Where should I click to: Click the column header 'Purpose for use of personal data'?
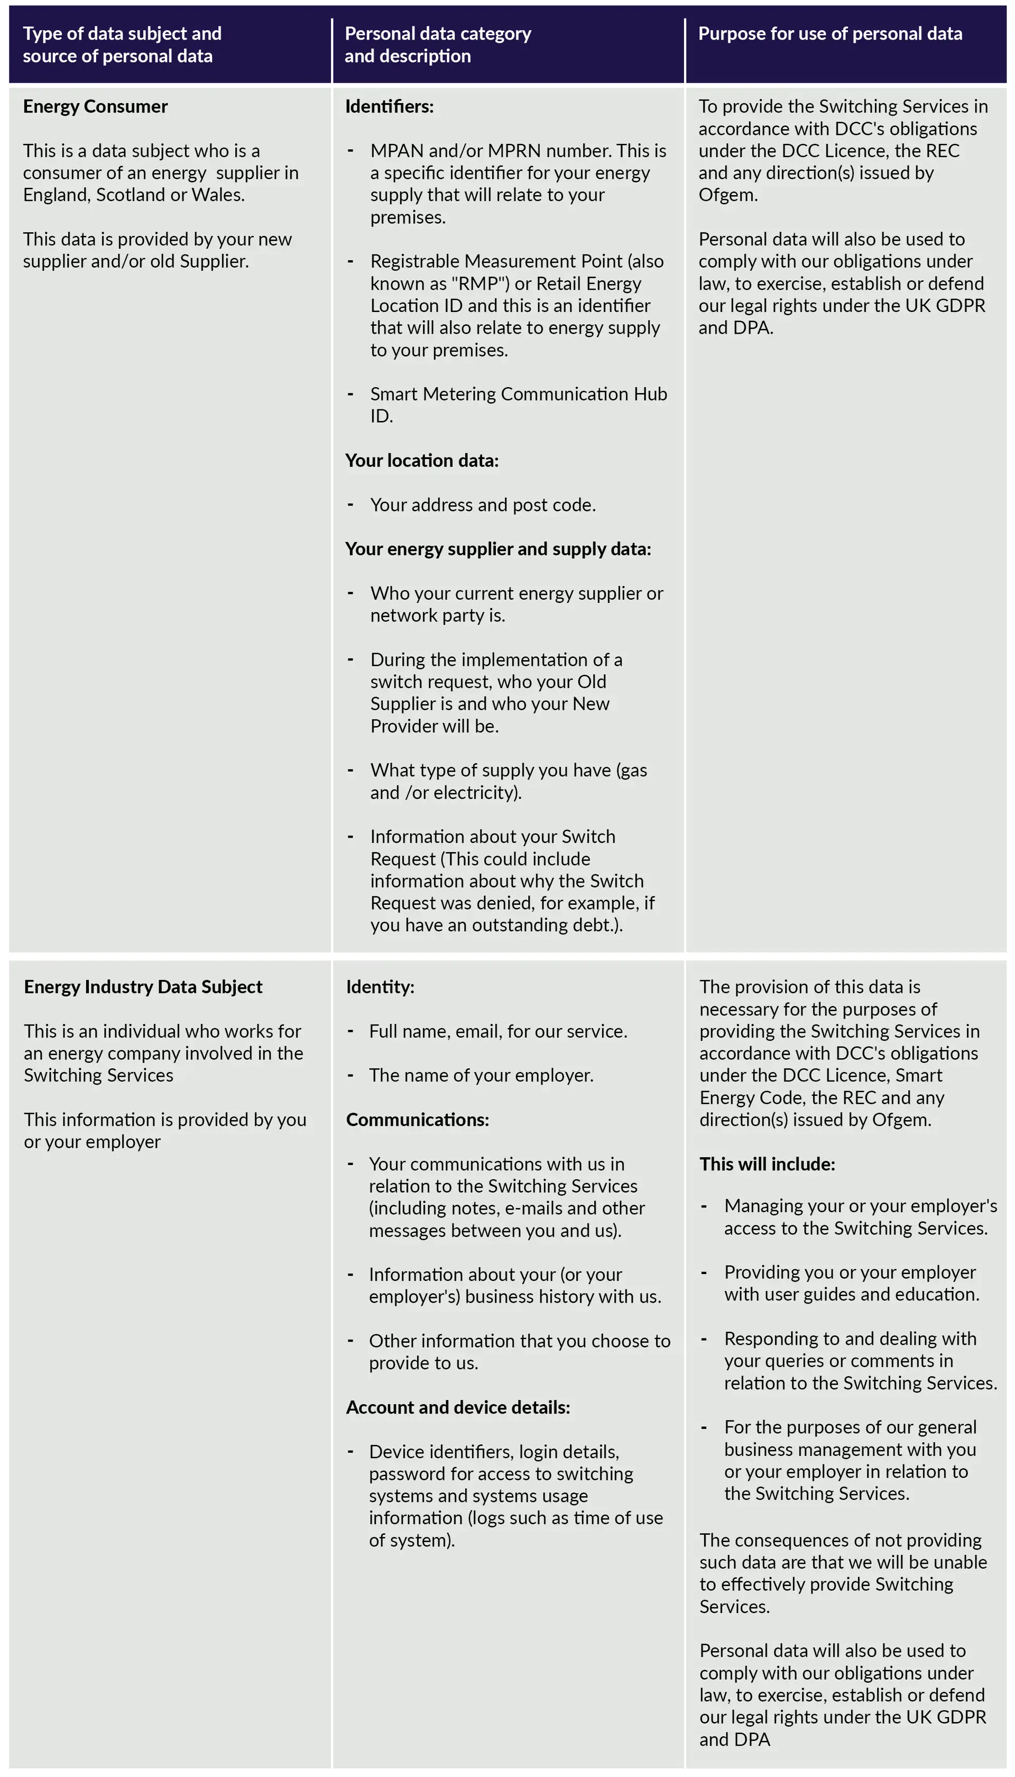click(x=829, y=33)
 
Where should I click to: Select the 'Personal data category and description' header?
click(x=437, y=44)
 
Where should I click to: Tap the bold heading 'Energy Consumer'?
click(x=96, y=107)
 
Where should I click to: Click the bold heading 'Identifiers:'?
click(x=389, y=107)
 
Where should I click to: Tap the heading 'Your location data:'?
click(x=422, y=461)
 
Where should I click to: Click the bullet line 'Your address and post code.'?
click(x=483, y=505)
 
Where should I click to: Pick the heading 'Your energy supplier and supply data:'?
click(x=498, y=549)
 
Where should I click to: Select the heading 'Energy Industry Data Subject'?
click(x=143, y=987)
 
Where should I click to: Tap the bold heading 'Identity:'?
click(x=380, y=987)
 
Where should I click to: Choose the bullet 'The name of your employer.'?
click(x=481, y=1076)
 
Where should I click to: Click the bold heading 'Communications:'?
click(x=418, y=1120)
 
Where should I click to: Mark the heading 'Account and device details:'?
click(x=458, y=1408)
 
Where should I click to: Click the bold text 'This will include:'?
click(x=767, y=1165)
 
